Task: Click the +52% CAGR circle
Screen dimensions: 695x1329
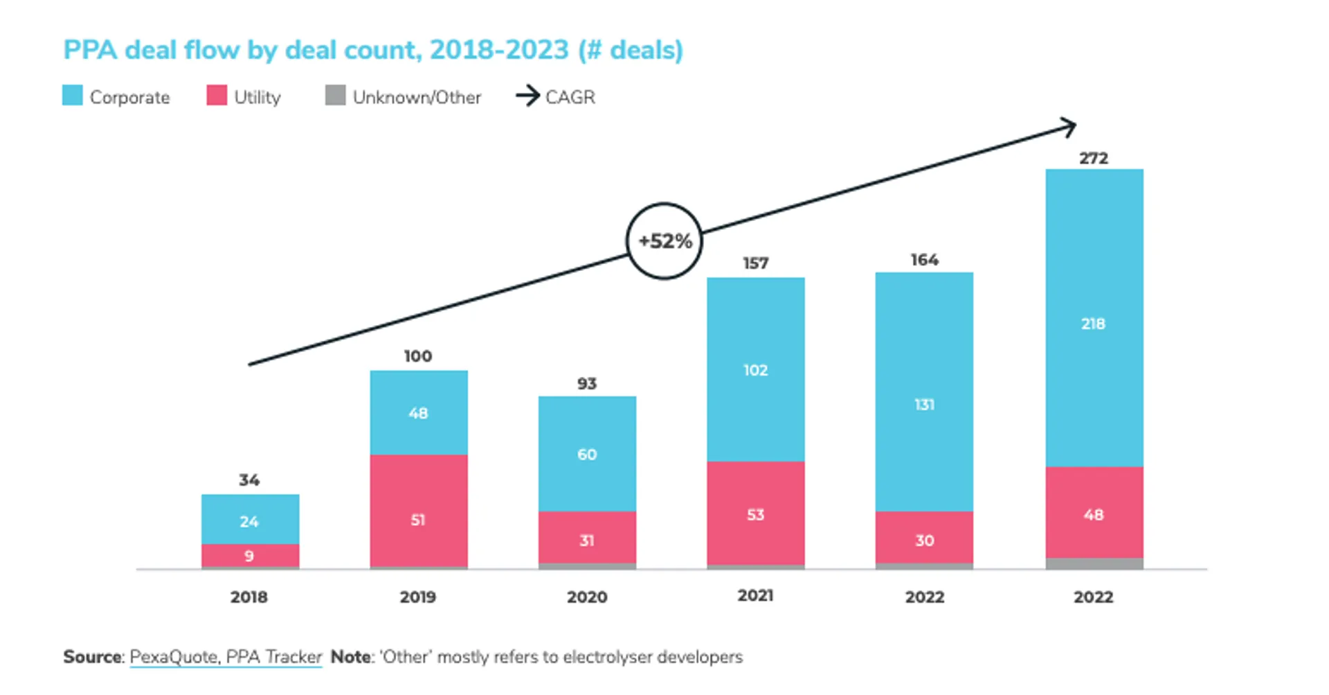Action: (664, 241)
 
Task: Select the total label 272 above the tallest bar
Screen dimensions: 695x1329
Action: (1094, 158)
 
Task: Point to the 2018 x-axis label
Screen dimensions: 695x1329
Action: (248, 597)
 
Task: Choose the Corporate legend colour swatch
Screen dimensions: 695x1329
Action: (73, 96)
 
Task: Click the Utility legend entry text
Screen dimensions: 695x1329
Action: (257, 97)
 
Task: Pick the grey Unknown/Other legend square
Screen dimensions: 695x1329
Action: (335, 96)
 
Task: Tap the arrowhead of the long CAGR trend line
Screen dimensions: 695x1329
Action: (1070, 127)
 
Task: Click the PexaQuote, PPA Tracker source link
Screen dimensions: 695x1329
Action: (226, 657)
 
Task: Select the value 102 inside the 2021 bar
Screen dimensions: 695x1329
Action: (755, 370)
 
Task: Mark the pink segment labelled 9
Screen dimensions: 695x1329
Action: (250, 556)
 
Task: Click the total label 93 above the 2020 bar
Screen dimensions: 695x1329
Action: (586, 383)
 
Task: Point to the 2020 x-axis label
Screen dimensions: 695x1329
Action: (586, 597)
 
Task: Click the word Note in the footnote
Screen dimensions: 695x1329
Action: (351, 657)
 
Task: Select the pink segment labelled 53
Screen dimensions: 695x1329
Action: (755, 513)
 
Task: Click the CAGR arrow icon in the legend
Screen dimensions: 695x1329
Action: (528, 96)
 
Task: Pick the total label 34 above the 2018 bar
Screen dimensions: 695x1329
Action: (249, 480)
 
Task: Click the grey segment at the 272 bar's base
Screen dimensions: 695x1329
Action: (1094, 563)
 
